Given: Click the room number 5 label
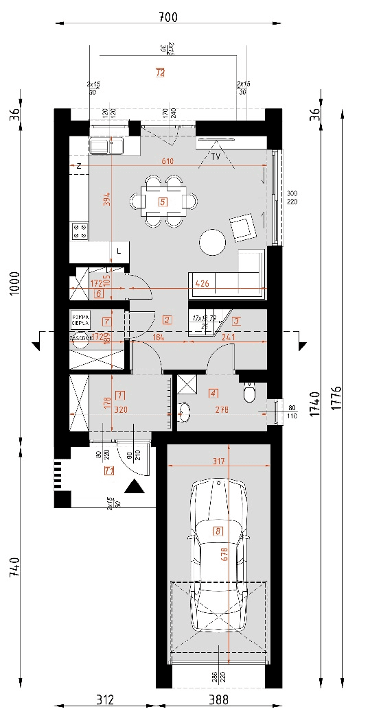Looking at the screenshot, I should click(x=163, y=202).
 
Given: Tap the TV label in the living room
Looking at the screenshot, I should click(x=216, y=157).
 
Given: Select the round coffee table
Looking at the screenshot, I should click(x=212, y=242).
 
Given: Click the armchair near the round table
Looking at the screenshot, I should click(x=241, y=228).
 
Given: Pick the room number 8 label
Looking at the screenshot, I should click(x=218, y=530).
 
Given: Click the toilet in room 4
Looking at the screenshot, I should click(x=250, y=394).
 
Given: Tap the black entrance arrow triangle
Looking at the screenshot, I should click(x=135, y=487).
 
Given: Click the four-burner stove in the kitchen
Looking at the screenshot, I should click(x=79, y=231).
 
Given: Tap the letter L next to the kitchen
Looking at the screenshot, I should click(x=119, y=251).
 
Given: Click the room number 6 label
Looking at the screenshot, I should click(x=99, y=294).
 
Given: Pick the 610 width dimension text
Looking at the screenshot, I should click(x=167, y=161).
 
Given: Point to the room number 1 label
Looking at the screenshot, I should click(x=121, y=395).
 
